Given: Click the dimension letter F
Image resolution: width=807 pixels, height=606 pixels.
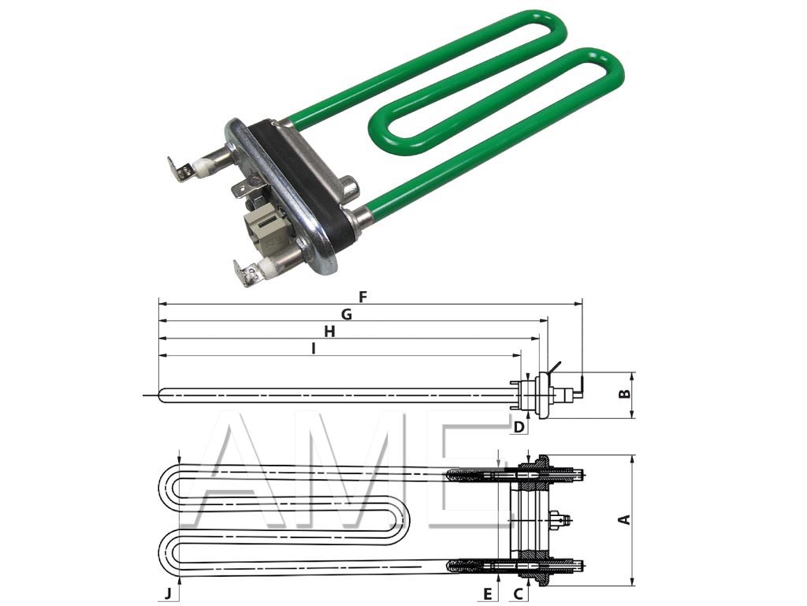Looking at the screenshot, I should [363, 297].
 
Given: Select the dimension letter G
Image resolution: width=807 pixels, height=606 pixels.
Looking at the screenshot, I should [346, 314].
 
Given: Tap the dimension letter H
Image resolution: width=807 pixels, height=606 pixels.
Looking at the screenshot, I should [329, 332].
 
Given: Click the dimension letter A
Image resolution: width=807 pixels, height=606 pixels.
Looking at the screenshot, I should [624, 519].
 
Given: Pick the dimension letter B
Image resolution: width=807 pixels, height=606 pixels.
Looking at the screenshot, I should [624, 394].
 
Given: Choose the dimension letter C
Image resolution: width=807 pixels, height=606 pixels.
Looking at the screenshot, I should [518, 593].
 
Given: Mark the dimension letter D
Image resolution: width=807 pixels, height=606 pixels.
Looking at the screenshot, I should [518, 427].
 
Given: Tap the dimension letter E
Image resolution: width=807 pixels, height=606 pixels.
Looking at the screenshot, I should [489, 593].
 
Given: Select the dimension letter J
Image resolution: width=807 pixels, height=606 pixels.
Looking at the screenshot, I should [167, 593].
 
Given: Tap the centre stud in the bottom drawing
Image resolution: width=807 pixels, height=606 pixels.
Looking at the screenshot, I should [561, 518].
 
